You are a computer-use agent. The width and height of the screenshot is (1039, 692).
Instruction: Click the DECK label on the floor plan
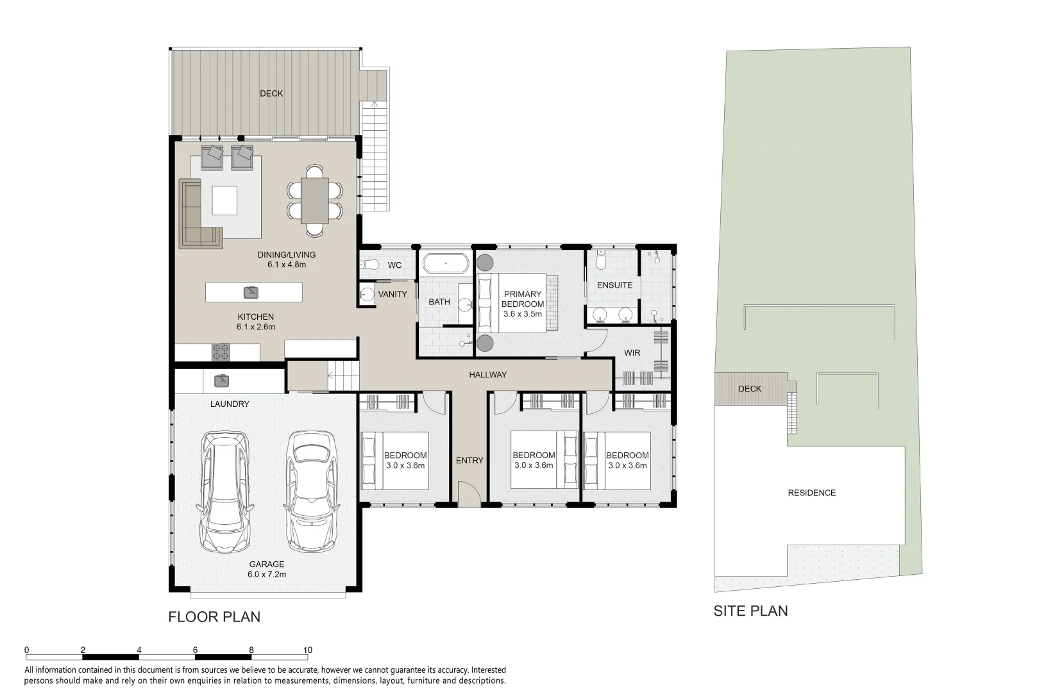tap(271, 94)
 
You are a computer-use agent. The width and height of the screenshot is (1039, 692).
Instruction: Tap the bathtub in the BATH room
tap(446, 263)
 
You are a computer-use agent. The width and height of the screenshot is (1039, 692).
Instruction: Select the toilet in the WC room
tap(369, 265)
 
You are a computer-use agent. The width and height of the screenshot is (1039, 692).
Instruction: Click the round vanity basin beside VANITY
tap(367, 294)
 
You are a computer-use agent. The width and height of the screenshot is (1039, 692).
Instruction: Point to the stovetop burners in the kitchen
tap(221, 352)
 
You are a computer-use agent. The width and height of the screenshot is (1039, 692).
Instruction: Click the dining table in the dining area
tap(314, 201)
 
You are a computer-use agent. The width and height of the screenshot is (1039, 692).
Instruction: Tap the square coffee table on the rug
tap(224, 201)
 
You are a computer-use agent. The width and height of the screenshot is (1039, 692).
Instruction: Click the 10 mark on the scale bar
tap(308, 650)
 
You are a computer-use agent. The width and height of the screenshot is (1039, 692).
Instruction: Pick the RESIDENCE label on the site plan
tap(812, 493)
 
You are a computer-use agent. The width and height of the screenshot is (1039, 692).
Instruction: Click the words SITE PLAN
tap(750, 611)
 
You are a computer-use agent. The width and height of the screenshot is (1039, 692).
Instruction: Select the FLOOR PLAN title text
tap(214, 617)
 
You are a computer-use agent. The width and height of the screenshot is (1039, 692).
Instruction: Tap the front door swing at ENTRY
tap(469, 491)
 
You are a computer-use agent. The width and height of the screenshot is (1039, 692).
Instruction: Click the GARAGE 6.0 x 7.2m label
tap(267, 569)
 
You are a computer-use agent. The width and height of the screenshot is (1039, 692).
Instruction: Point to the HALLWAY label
tap(488, 374)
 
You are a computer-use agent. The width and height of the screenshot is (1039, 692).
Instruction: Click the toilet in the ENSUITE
tap(601, 261)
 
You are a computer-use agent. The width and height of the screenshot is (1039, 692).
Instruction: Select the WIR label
tap(632, 352)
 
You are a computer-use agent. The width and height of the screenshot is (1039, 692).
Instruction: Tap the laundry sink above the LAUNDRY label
tap(221, 381)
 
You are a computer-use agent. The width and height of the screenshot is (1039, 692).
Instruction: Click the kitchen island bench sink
tap(251, 292)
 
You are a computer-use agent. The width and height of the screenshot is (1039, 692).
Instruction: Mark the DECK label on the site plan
tap(750, 389)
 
